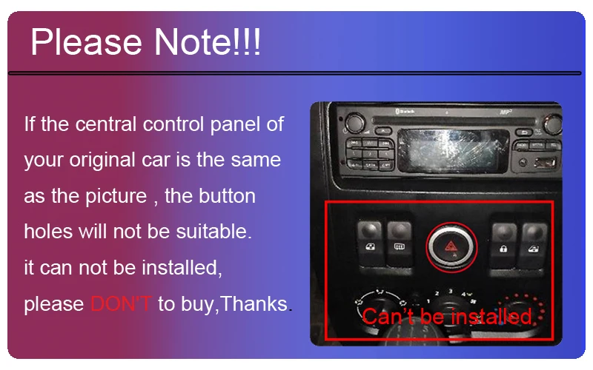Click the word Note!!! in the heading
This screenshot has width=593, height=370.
208,41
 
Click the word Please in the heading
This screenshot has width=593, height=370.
86,41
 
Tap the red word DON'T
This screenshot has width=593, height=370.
121,303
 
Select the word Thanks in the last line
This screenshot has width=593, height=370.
254,303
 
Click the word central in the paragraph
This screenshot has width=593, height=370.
105,124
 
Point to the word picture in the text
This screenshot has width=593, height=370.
116,197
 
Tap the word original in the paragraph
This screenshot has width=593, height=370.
102,160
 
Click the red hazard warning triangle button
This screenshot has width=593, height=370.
451,247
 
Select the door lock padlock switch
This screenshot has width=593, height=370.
503,245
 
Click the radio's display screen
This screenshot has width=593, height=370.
453,151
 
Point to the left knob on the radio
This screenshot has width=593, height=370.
355,122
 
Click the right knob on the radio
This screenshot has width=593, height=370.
552,124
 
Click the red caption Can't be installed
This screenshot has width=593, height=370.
448,316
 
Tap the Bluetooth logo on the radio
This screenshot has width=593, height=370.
405,112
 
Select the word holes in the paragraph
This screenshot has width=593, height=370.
48,231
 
